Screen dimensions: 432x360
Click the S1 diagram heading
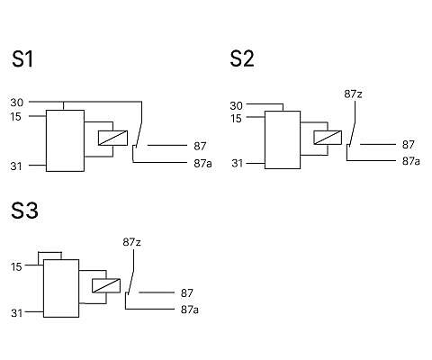coord(22,58)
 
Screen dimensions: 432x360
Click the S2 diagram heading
coord(242,58)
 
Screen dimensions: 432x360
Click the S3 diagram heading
coord(24,211)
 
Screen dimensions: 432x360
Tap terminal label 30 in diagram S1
coord(17,103)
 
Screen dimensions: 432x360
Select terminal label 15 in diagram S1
coord(16,117)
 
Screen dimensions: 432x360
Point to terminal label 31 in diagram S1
coord(16,166)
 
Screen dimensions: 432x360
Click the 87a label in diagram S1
coord(203,164)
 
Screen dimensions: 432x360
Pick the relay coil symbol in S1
coord(113,138)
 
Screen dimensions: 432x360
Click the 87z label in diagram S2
coord(353,94)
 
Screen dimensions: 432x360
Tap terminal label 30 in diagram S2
coord(237,105)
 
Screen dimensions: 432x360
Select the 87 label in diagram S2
coord(409,145)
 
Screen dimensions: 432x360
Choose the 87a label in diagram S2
coord(411,161)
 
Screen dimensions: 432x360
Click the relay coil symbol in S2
coord(328,138)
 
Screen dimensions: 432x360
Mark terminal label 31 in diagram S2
coord(238,164)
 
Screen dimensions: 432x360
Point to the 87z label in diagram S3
coord(131,242)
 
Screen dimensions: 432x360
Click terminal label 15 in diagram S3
coord(16,266)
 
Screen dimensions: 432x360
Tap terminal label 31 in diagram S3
coord(17,313)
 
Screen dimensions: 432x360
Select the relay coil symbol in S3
coord(106,286)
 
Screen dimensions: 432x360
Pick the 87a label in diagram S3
coord(190,310)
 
